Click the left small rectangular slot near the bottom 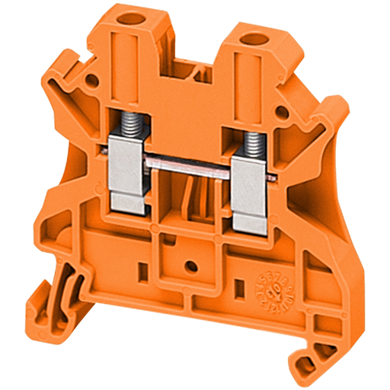point(142,268)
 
